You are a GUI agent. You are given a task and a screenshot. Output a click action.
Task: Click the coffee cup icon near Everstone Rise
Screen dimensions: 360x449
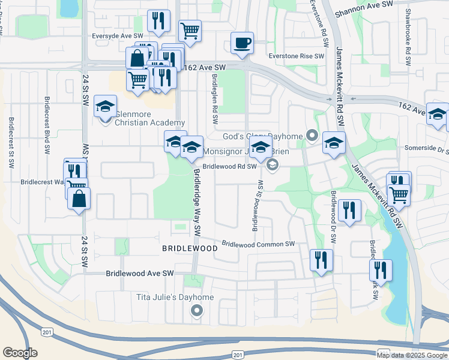click(x=242, y=43)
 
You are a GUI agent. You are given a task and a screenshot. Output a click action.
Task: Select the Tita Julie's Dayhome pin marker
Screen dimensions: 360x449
click(x=196, y=311)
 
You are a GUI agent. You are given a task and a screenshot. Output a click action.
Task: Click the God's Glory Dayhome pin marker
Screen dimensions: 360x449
click(x=312, y=136)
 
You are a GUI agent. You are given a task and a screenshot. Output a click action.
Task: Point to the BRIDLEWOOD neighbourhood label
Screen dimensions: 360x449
click(x=189, y=248)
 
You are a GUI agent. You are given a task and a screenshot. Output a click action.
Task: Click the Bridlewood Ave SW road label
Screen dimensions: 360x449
click(x=139, y=273)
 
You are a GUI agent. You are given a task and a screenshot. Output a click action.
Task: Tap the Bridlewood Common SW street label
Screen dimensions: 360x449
click(x=259, y=244)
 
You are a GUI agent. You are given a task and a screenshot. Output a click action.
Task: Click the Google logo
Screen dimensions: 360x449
click(x=20, y=353)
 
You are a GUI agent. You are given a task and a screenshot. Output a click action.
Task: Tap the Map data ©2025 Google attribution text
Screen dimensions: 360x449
click(x=411, y=355)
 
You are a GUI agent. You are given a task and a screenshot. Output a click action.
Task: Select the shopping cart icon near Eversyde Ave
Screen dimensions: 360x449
click(x=190, y=30)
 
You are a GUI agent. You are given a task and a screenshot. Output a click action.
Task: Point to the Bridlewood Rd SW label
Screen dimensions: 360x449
click(x=229, y=167)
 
